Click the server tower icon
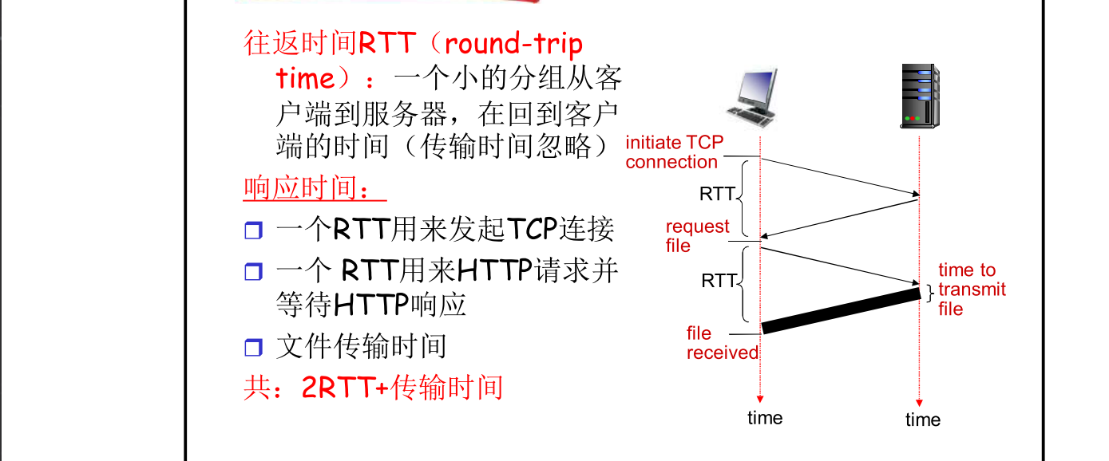click(919, 97)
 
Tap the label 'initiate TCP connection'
click(673, 152)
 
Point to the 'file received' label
click(722, 343)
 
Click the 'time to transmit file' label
click(971, 290)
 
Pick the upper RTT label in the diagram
click(716, 194)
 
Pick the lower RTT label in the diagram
click(719, 281)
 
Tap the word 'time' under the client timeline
click(765, 417)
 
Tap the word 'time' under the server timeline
click(923, 420)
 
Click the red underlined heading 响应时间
click(314, 189)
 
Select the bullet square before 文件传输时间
click(253, 348)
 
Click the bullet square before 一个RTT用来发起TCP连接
click(253, 231)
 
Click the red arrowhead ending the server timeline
click(920, 403)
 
